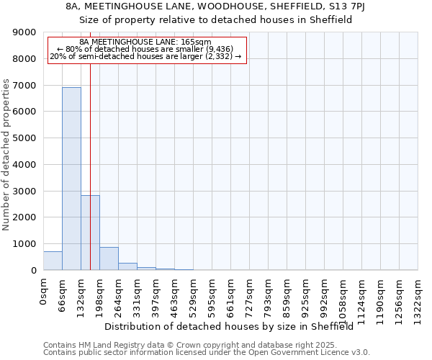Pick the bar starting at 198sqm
pyautogui.click(x=109, y=258)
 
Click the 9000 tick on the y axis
pyautogui.click(x=26, y=32)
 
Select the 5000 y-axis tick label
pyautogui.click(x=26, y=138)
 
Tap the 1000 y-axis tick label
pyautogui.click(x=26, y=244)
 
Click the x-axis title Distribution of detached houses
pyautogui.click(x=234, y=326)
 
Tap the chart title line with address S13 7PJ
pyautogui.click(x=215, y=6)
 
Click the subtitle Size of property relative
pyautogui.click(x=215, y=20)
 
